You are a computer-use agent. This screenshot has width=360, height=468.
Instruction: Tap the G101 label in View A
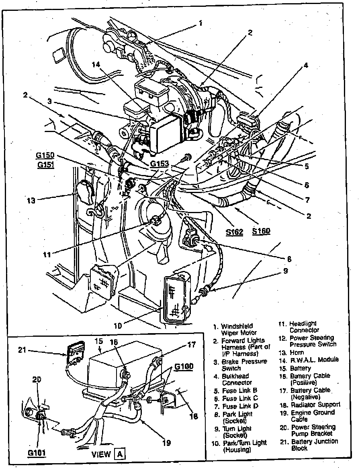pos(36,453)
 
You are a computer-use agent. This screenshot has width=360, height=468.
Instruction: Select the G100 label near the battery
pos(184,366)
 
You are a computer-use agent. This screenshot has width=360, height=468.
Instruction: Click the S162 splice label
pos(234,232)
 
